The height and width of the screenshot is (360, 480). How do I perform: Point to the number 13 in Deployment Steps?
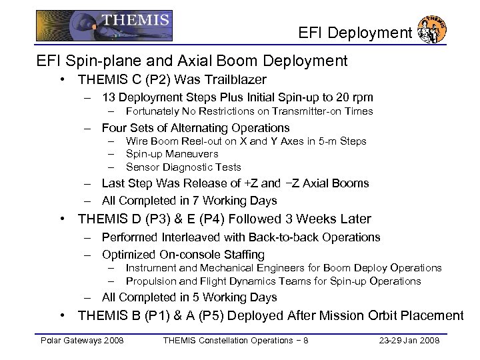(x=109, y=97)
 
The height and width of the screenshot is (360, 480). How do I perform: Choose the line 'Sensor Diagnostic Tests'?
(x=183, y=167)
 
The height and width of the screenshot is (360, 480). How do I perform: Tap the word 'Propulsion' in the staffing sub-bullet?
(x=149, y=281)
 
